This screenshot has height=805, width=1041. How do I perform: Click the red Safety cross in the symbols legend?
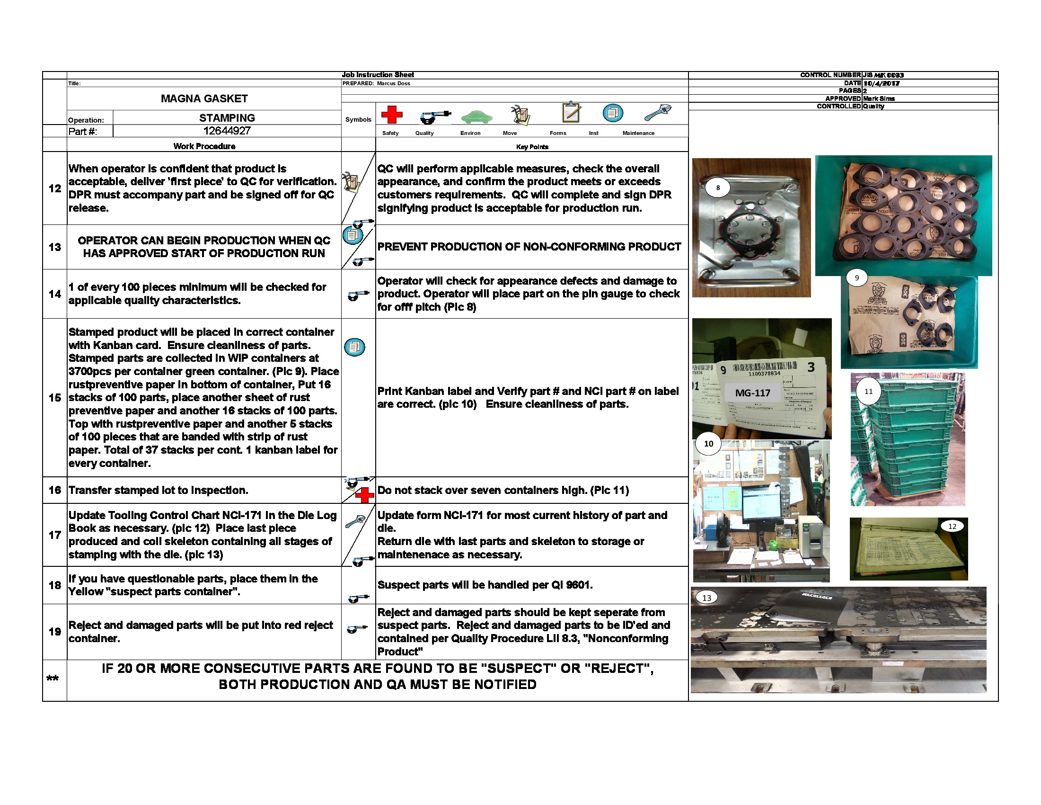tap(391, 115)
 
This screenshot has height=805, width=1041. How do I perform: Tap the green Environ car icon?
tap(476, 116)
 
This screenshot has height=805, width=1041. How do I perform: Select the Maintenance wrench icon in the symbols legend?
tap(658, 113)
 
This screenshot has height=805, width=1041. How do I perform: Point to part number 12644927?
tap(227, 131)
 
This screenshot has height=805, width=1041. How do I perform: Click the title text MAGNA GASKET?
tap(204, 98)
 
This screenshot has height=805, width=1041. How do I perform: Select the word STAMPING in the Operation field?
tap(227, 118)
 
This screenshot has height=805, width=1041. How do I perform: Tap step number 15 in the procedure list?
tap(55, 398)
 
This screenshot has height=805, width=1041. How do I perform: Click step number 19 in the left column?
tap(55, 631)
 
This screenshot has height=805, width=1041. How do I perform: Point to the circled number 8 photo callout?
tap(718, 188)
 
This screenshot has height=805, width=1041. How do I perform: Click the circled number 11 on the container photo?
tap(868, 391)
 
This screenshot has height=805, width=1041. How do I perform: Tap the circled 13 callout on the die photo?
tap(706, 598)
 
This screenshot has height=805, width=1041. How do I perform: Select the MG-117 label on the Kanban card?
tap(753, 393)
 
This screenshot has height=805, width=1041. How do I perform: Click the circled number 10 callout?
tap(708, 444)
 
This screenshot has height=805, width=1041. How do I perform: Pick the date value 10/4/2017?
tap(882, 83)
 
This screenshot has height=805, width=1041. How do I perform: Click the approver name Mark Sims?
tap(879, 98)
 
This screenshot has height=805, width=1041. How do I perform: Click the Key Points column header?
tap(532, 147)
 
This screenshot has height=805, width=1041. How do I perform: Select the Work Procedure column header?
tap(204, 146)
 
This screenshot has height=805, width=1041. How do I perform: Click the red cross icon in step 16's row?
tap(365, 495)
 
